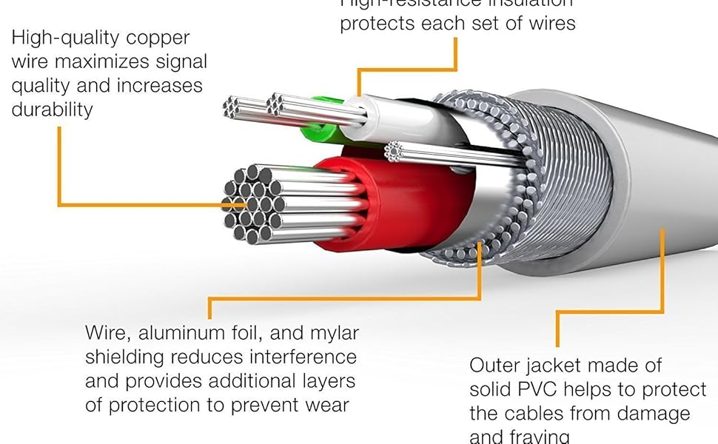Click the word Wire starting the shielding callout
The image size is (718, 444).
[105, 333]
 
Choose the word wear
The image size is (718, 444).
[326, 406]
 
